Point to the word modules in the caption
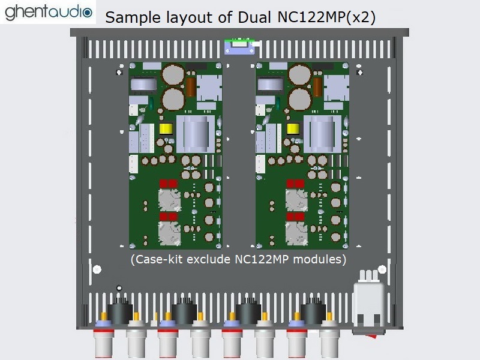pos(324,259)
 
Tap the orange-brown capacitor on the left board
pos(191,86)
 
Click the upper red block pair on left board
pos(168,184)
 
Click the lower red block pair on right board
pos(295,216)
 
